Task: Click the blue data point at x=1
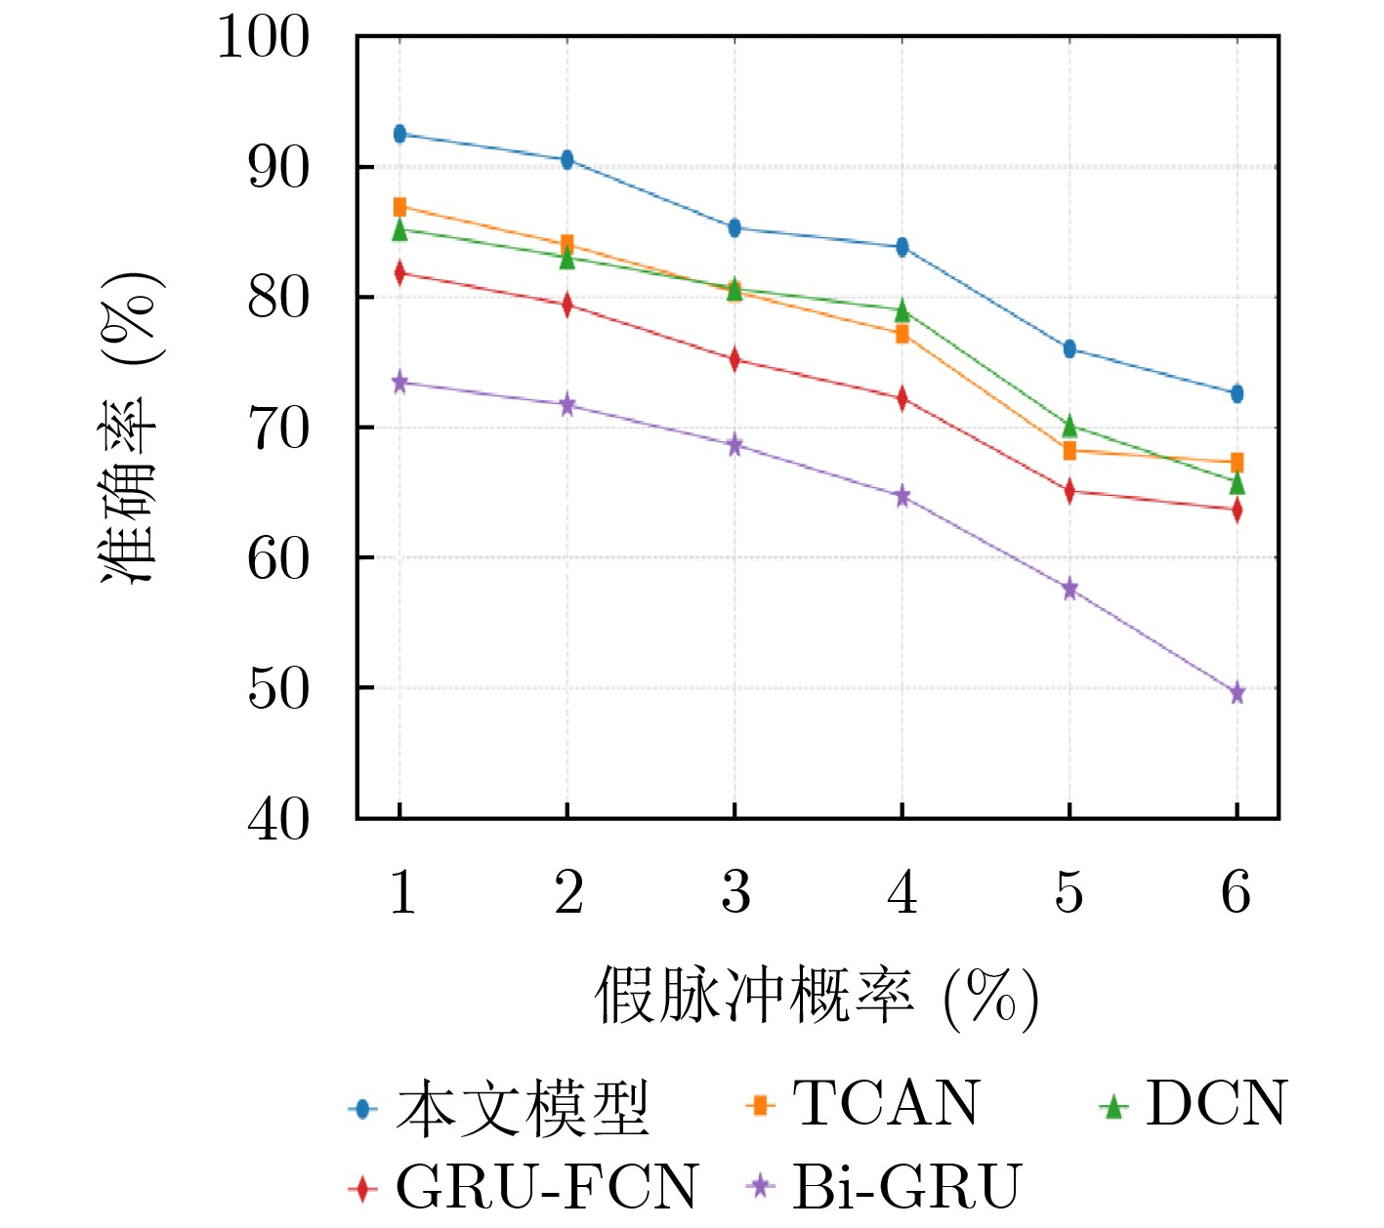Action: pos(399,134)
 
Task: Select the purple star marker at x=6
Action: pos(1237,693)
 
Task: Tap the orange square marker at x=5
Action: pos(1069,450)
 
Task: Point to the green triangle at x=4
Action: pos(902,311)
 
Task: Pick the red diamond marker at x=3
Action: pos(734,359)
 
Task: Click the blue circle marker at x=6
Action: pos(1237,393)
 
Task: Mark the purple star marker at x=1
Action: pos(399,383)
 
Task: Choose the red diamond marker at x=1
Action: pos(399,273)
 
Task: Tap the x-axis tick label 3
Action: pos(734,892)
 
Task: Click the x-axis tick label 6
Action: pos(1237,892)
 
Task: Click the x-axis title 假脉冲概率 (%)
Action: pos(817,998)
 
